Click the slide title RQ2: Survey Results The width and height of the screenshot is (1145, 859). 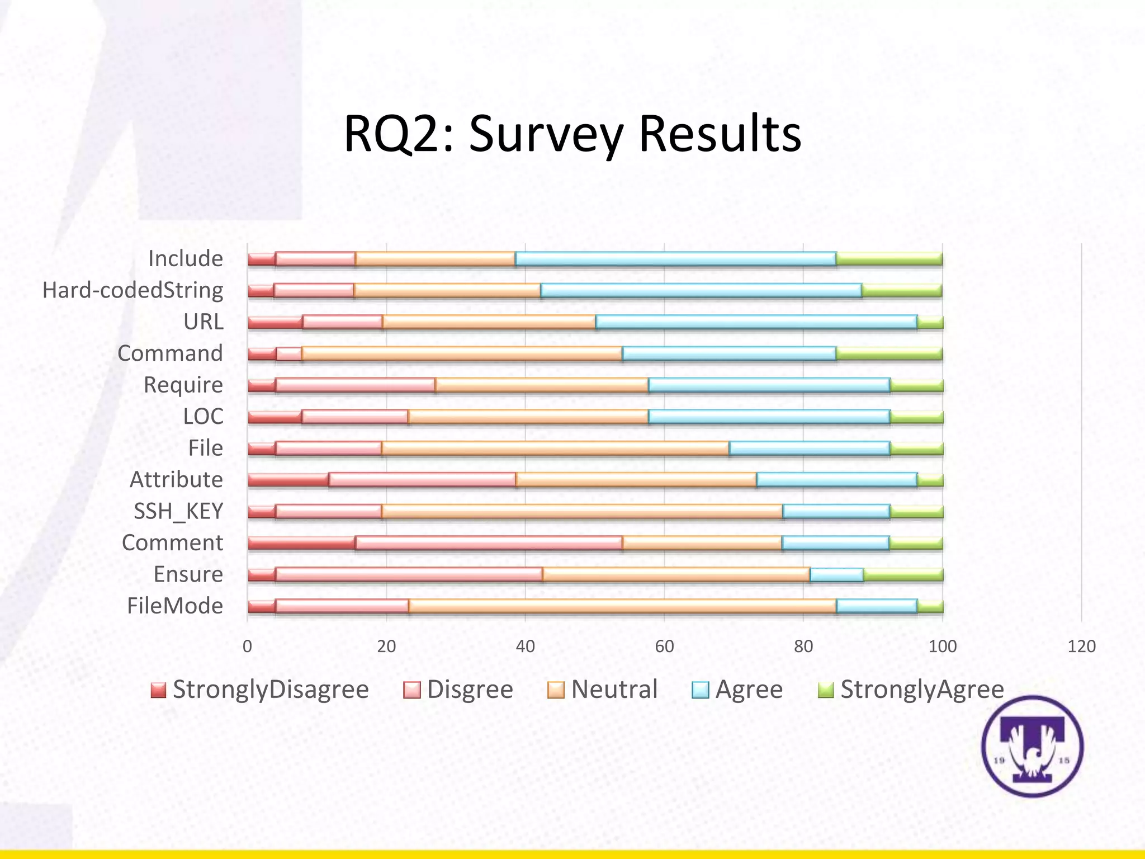(x=572, y=134)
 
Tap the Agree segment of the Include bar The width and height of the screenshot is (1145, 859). (x=675, y=259)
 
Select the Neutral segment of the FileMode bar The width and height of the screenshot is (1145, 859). (x=622, y=607)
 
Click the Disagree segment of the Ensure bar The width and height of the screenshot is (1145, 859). (x=409, y=575)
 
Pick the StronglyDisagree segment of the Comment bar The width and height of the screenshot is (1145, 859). (x=301, y=543)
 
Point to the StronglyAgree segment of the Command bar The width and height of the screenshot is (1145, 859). (x=889, y=354)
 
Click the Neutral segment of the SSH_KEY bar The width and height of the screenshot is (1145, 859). (x=582, y=512)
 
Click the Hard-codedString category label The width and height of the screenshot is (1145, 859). (x=133, y=290)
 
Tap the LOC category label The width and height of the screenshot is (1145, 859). (x=203, y=417)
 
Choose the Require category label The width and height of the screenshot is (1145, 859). (x=183, y=385)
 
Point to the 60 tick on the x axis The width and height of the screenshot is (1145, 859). (x=664, y=646)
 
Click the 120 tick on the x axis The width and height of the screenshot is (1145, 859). (x=1081, y=646)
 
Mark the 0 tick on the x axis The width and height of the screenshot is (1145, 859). (x=247, y=646)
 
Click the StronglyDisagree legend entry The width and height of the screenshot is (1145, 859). (x=260, y=690)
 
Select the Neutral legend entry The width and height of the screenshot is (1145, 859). (x=603, y=690)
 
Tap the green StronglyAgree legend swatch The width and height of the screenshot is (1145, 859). (x=825, y=690)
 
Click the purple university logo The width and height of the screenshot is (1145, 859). (x=1032, y=746)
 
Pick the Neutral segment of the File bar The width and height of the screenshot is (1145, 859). (x=555, y=449)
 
